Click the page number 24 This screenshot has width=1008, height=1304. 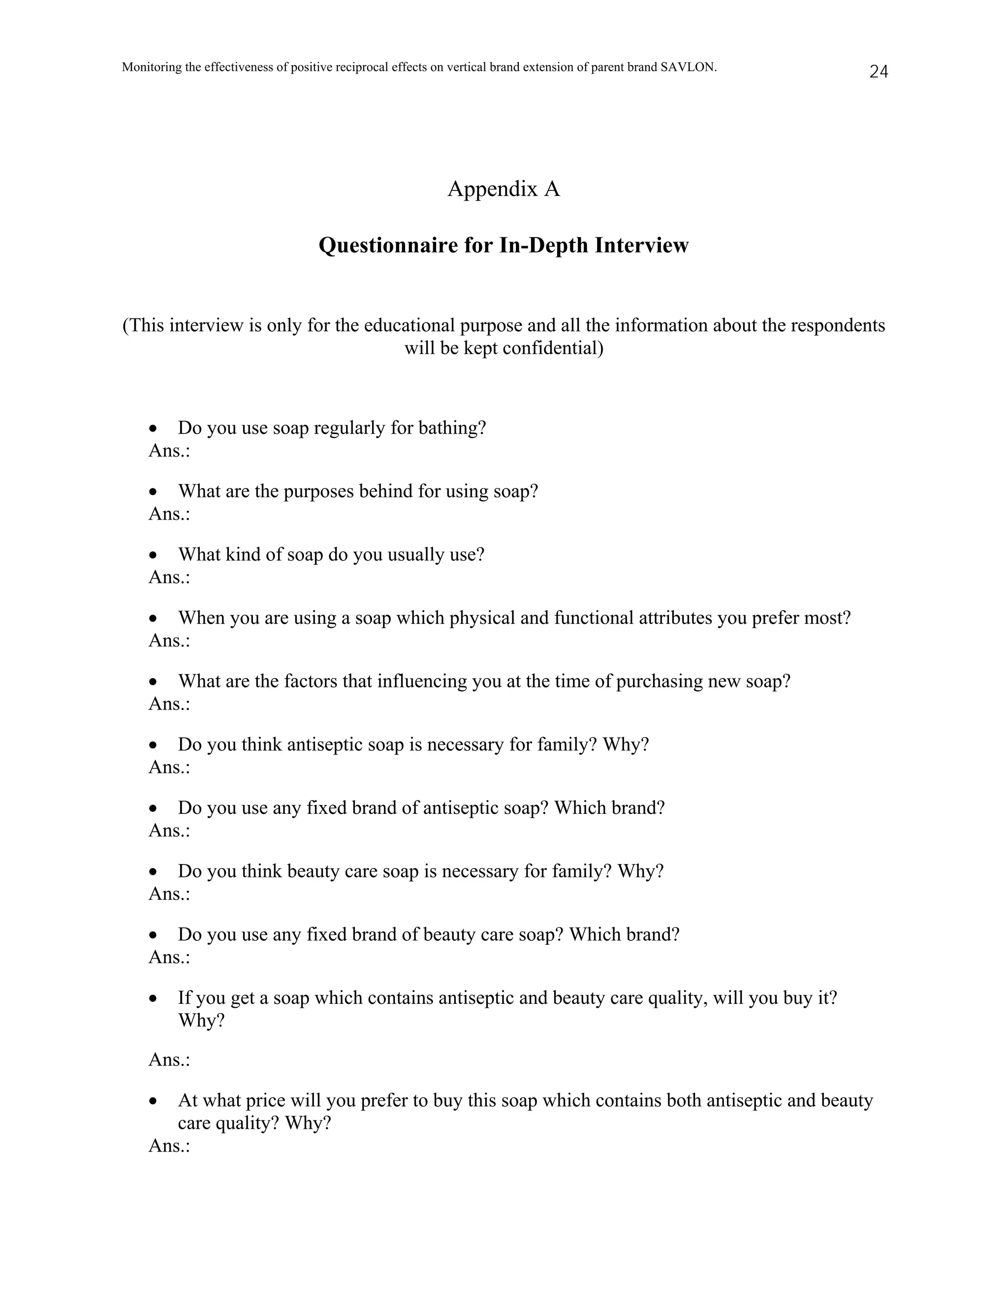click(x=879, y=72)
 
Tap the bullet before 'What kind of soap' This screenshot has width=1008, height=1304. click(x=154, y=555)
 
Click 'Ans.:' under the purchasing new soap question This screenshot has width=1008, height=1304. click(x=169, y=704)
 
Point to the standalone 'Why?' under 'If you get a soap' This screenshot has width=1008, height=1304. click(x=201, y=1021)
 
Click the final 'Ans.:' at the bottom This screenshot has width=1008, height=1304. click(x=169, y=1146)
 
